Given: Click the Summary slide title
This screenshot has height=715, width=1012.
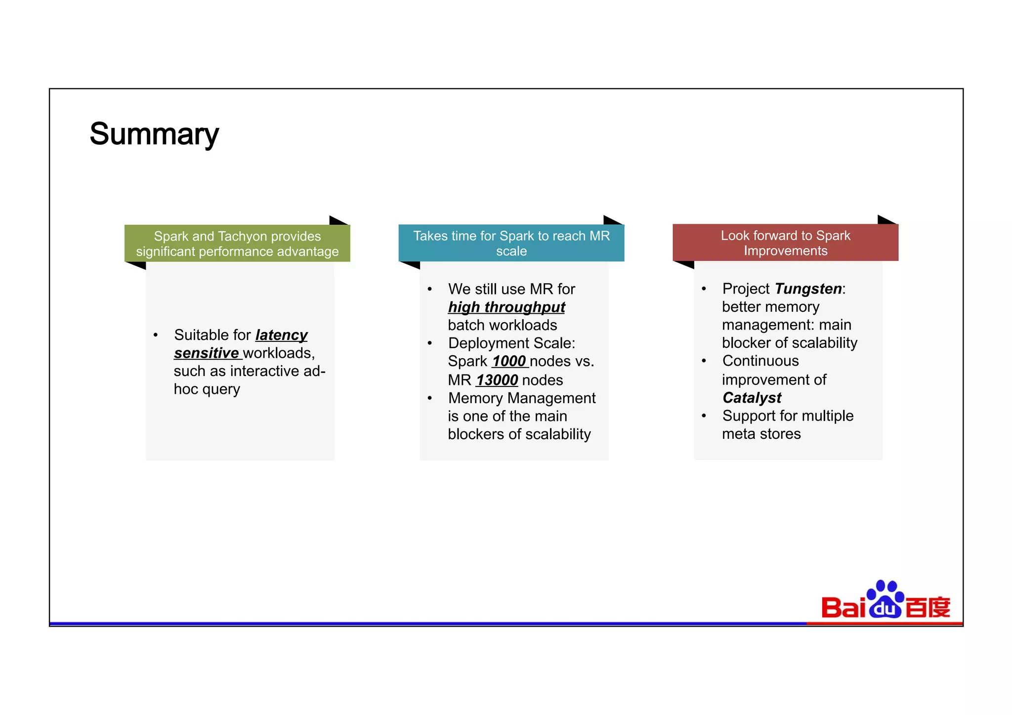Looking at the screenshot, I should point(154,134).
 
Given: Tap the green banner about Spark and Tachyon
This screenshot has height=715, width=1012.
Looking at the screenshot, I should point(237,244).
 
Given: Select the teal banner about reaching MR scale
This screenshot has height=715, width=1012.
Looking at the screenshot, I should point(511,243).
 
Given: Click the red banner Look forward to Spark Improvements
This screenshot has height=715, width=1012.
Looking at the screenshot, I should point(785,243).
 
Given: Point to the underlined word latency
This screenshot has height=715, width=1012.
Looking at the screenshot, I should point(281,335).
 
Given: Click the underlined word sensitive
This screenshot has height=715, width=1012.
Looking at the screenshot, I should point(207,353).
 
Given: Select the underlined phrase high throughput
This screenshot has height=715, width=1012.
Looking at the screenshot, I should point(506,307).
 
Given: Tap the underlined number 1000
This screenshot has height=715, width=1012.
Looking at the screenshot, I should point(509,361).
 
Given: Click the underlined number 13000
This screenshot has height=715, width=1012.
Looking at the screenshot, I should point(497,380).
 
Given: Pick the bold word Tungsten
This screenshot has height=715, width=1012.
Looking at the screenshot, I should point(808,289).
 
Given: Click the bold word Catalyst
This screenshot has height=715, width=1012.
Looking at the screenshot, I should point(752,398).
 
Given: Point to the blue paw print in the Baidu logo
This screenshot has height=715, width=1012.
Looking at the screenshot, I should point(885,599).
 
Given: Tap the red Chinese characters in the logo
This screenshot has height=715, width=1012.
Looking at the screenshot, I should point(928,608).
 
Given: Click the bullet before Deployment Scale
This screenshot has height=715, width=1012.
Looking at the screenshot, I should point(430,343).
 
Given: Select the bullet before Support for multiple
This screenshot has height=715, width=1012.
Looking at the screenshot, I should point(704,416).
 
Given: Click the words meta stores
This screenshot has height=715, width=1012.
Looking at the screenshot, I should point(761,434).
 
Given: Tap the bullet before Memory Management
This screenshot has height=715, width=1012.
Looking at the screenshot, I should point(430,398).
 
